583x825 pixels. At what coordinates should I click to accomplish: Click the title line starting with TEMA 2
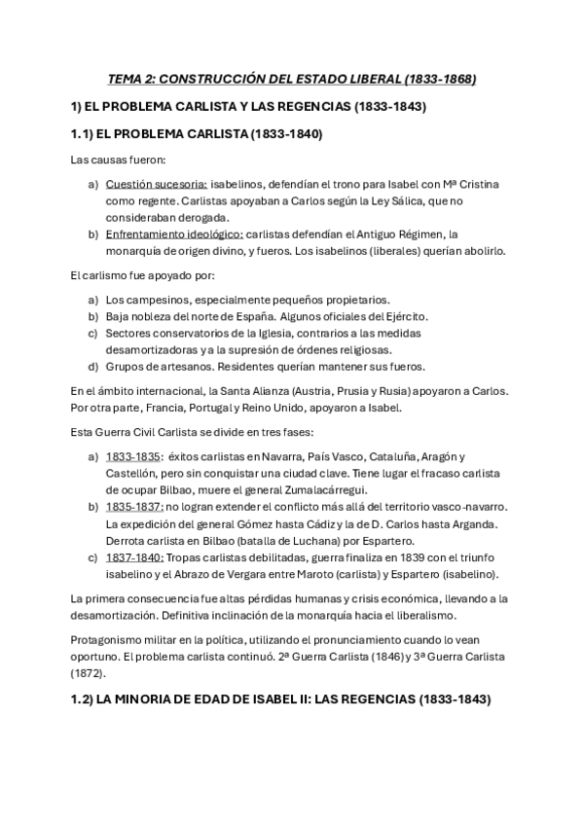pyautogui.click(x=291, y=79)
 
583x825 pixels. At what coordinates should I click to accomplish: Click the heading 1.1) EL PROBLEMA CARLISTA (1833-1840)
pyautogui.click(x=197, y=133)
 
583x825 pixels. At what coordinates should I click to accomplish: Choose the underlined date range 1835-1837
pyautogui.click(x=134, y=507)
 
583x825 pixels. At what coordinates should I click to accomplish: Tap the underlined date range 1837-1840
pyautogui.click(x=134, y=556)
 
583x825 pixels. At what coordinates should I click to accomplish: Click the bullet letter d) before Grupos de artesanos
pyautogui.click(x=92, y=367)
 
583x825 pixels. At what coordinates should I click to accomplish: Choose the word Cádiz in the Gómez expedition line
pyautogui.click(x=299, y=523)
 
